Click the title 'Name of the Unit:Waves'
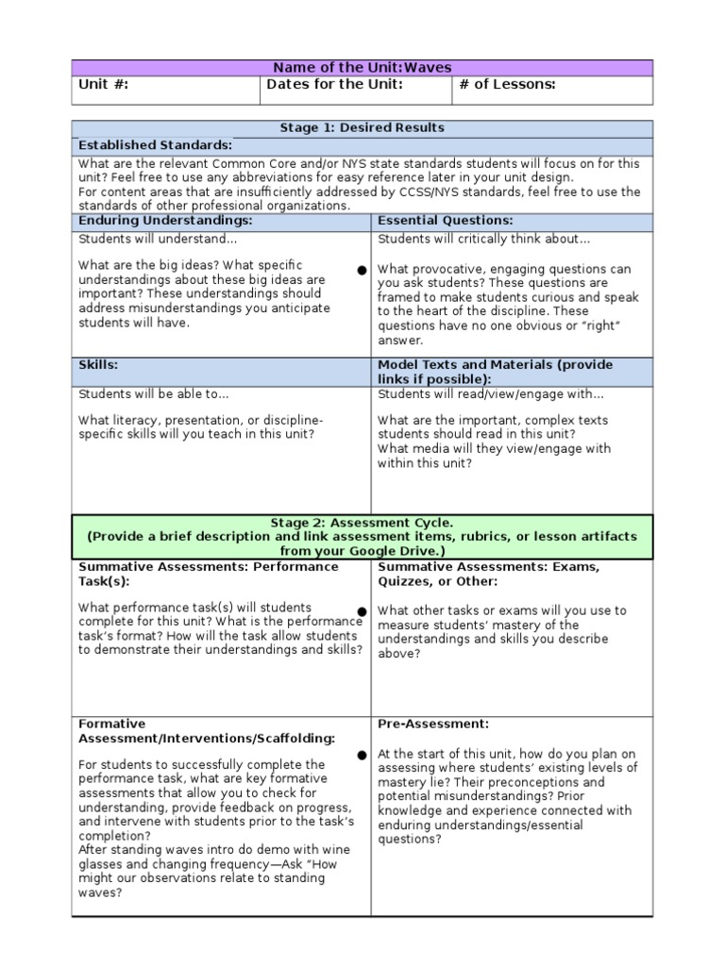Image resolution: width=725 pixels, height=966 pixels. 362,68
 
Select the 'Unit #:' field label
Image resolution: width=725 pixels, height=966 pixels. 103,85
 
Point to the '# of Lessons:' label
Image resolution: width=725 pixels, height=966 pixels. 507,85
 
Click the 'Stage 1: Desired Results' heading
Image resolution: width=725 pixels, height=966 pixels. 362,127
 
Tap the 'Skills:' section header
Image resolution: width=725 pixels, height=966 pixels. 98,364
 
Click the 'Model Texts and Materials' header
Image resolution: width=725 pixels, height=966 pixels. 495,364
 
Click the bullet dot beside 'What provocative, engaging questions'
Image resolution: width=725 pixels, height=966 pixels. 362,271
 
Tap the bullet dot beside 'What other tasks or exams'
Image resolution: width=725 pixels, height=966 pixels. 362,611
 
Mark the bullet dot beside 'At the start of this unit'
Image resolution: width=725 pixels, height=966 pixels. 362,756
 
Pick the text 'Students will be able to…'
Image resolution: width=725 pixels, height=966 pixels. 153,394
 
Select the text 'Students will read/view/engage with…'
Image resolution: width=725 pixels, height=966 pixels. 490,394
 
